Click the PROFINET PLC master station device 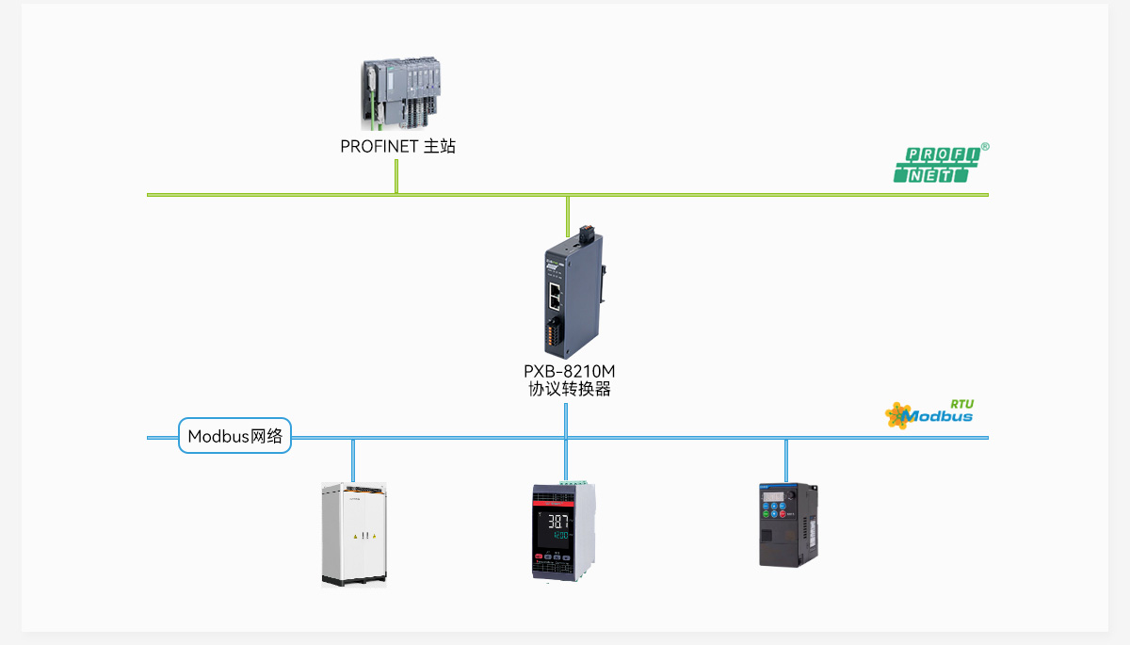point(401,93)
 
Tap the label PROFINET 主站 point(397,146)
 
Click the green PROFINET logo point(937,165)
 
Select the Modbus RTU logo point(929,414)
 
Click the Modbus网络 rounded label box point(235,436)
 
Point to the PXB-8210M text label point(569,372)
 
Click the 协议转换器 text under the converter point(570,389)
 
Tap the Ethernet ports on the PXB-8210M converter point(555,296)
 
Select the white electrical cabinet point(354,535)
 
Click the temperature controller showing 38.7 point(564,531)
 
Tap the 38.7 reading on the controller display point(558,521)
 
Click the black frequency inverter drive point(788,524)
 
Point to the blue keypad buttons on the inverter point(774,509)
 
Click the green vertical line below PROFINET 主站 point(396,176)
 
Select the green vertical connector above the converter point(568,217)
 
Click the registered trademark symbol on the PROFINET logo point(985,147)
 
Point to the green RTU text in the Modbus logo point(962,404)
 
